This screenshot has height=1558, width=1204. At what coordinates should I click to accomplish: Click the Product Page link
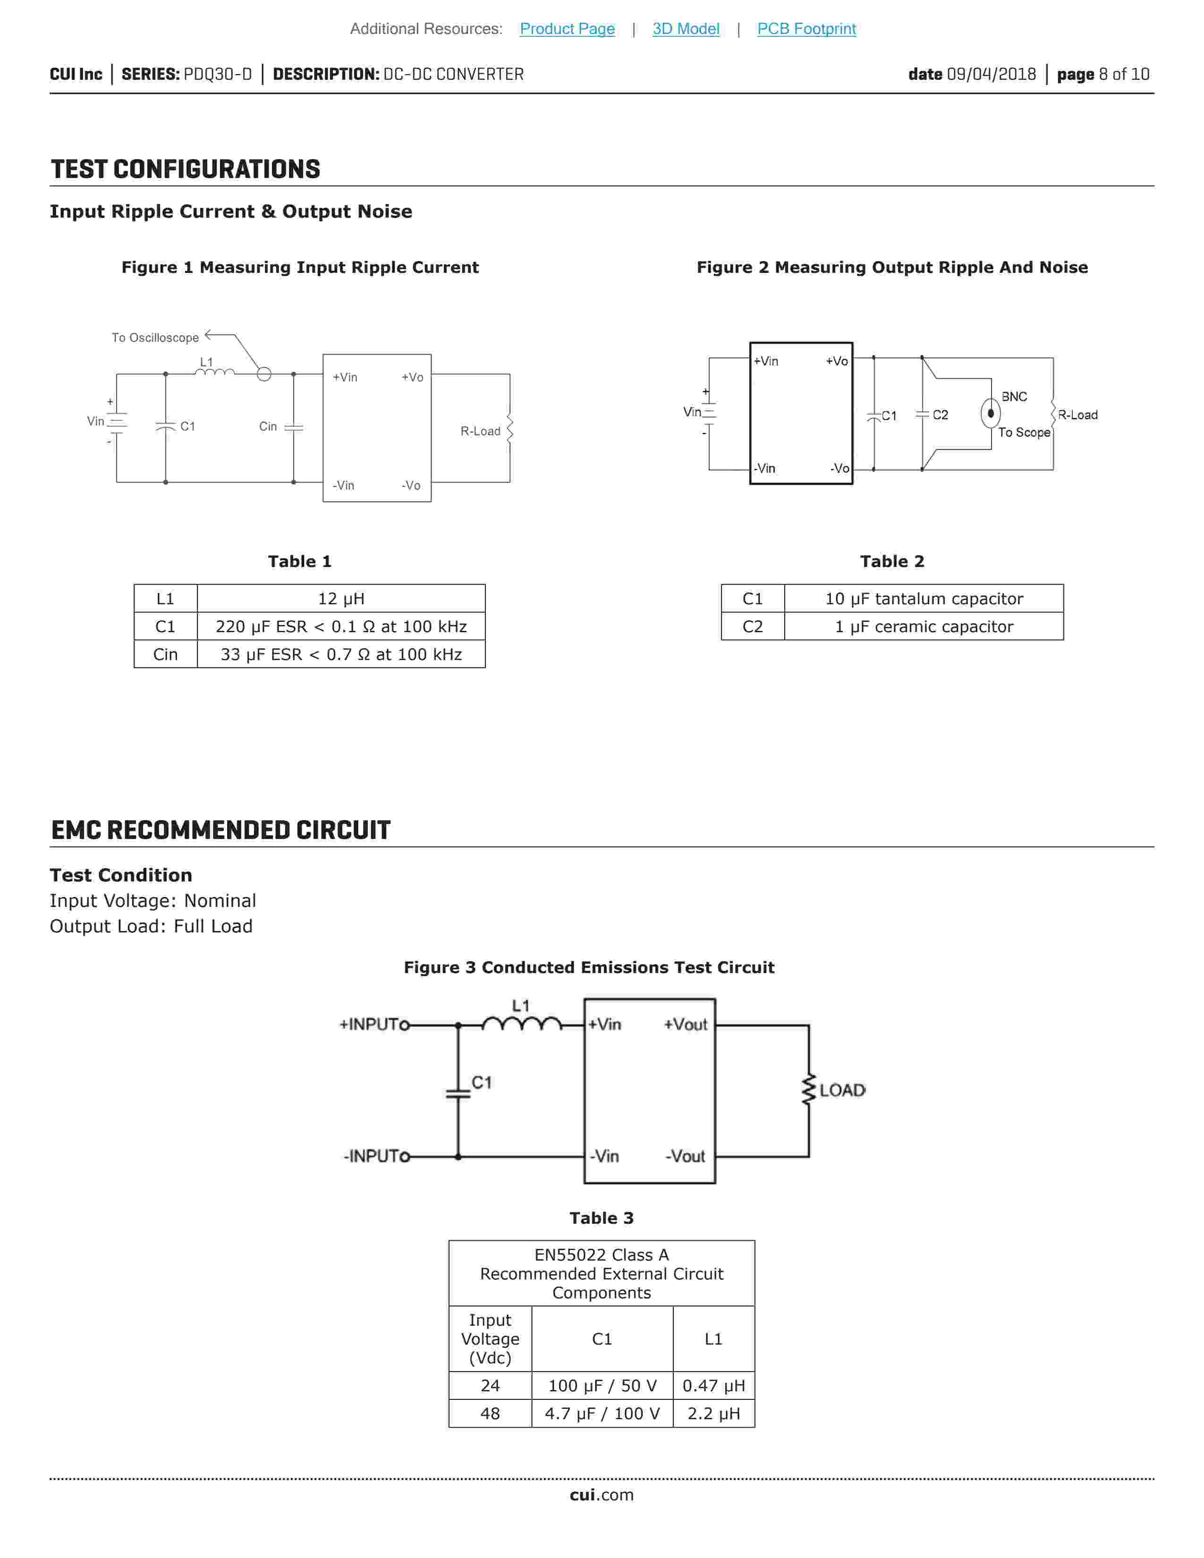tap(567, 28)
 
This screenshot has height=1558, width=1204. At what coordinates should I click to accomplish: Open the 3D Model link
tap(686, 28)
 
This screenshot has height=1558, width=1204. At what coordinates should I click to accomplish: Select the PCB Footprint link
tap(806, 28)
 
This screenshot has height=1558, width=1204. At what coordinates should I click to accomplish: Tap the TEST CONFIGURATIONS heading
tap(186, 169)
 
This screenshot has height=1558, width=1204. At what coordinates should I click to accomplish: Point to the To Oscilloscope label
tap(155, 338)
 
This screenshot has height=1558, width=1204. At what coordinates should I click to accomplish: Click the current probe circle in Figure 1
tap(264, 374)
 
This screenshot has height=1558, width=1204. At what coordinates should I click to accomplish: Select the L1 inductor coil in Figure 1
tap(215, 372)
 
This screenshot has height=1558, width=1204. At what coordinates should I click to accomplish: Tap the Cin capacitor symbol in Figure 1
tap(293, 427)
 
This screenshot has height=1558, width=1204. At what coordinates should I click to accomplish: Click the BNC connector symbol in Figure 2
tap(991, 413)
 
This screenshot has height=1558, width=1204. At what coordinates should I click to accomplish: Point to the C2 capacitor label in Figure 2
tap(940, 415)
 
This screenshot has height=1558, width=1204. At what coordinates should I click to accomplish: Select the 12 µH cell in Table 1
tap(341, 599)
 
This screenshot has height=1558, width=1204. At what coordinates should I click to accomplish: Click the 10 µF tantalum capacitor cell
tap(924, 599)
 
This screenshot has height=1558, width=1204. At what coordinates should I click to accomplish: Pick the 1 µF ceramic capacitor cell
tap(924, 627)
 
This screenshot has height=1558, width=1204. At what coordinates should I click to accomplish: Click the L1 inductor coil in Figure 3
tap(521, 1025)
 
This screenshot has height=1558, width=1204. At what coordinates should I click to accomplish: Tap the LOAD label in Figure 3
tap(842, 1090)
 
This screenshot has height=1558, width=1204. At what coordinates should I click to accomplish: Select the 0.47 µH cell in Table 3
tap(713, 1385)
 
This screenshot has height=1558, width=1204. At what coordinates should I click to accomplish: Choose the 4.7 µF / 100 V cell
tap(602, 1413)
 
